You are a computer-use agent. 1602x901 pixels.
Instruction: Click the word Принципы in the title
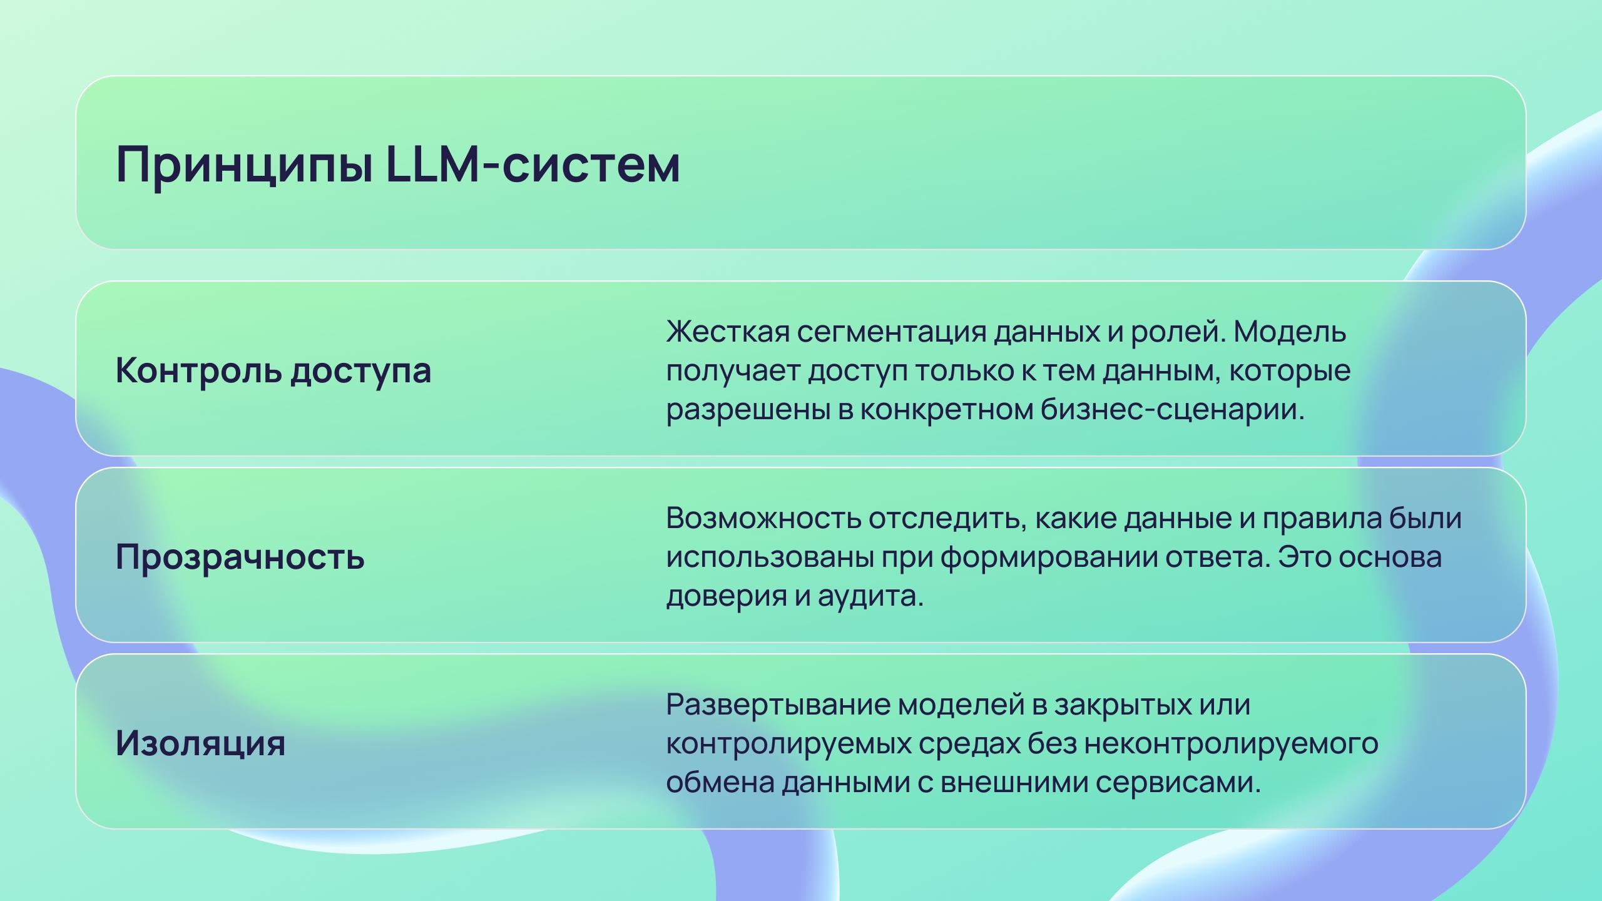[245, 165]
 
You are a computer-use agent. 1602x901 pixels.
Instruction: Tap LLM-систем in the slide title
[533, 164]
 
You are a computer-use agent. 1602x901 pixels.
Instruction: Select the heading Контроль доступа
[273, 370]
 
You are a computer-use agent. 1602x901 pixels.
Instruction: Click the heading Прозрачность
[240, 557]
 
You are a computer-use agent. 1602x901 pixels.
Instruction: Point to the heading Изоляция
[200, 743]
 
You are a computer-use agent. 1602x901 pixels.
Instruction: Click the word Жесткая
[727, 331]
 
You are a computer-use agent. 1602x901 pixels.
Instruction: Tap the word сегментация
[891, 332]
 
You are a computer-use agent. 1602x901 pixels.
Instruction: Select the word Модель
[1290, 332]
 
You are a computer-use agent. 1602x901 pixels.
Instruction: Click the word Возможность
[763, 518]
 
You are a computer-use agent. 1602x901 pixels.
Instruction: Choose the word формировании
[1049, 557]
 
